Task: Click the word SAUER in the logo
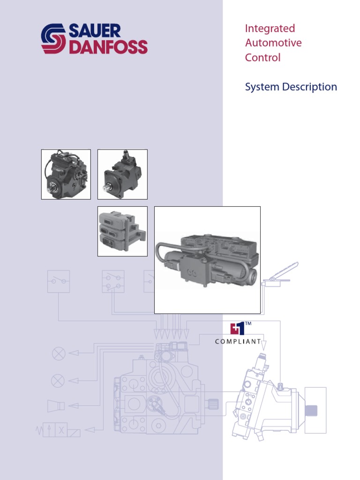pos(96,31)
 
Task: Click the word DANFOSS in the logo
pos(108,47)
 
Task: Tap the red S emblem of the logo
pos(54,39)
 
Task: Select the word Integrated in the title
pos(270,29)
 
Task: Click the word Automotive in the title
pos(273,43)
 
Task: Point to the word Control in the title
pos(262,58)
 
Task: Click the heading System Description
pos(291,87)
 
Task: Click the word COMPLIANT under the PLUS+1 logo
pos(238,342)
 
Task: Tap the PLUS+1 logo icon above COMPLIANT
pos(238,328)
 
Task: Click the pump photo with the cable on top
pos(66,174)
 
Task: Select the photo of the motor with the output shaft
pos(122,174)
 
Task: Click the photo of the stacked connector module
pos(122,232)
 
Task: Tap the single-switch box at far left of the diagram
pos(59,281)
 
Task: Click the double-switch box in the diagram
pos(113,281)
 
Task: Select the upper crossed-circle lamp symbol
pos(59,353)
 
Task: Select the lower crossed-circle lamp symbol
pos(58,381)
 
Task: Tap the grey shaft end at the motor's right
pos(311,410)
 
